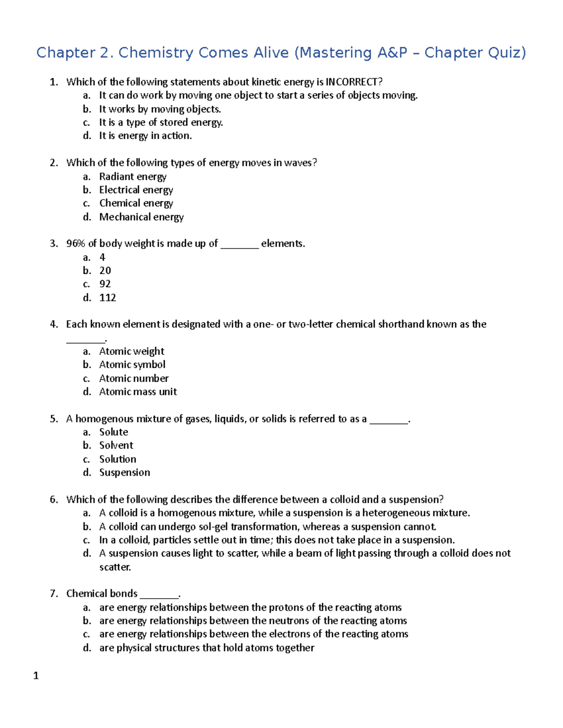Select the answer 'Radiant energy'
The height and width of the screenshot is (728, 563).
point(133,177)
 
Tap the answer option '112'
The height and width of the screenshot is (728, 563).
point(107,298)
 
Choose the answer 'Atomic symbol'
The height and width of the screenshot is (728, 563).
point(132,365)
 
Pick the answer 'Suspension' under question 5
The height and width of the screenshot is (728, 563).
point(125,473)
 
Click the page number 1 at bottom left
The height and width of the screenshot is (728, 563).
point(36,675)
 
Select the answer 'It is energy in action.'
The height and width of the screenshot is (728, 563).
point(145,136)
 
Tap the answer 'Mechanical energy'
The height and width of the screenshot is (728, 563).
point(141,217)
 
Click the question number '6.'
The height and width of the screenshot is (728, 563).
point(54,500)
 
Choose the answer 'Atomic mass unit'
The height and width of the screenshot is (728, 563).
point(138,392)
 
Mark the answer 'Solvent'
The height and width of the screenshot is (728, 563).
point(116,445)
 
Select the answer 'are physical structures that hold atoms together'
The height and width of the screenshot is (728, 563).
point(206,648)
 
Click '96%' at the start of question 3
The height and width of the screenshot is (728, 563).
point(76,244)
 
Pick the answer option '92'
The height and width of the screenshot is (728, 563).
point(105,284)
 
